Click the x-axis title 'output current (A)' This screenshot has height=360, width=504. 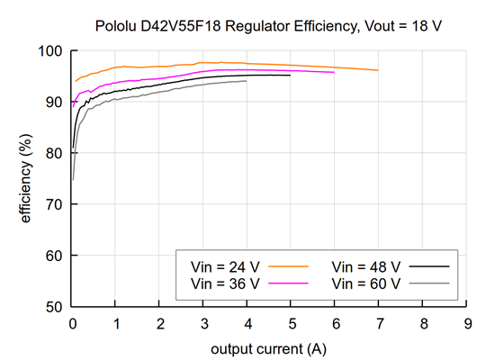point(269,348)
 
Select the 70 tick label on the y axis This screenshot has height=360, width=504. point(56,204)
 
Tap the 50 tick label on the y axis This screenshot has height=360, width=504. point(56,307)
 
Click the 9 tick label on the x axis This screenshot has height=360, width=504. point(466,322)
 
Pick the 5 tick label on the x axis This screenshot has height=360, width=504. point(292,322)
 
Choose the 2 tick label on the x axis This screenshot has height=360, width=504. point(160,322)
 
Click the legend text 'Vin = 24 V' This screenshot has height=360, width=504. point(225,267)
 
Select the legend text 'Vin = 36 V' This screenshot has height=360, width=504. point(225,283)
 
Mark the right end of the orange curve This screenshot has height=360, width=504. point(378,70)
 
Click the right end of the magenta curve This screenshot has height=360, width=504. point(334,72)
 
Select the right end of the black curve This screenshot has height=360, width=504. point(291,76)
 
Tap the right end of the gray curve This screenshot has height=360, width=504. point(247,81)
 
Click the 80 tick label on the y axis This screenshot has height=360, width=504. point(56,153)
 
